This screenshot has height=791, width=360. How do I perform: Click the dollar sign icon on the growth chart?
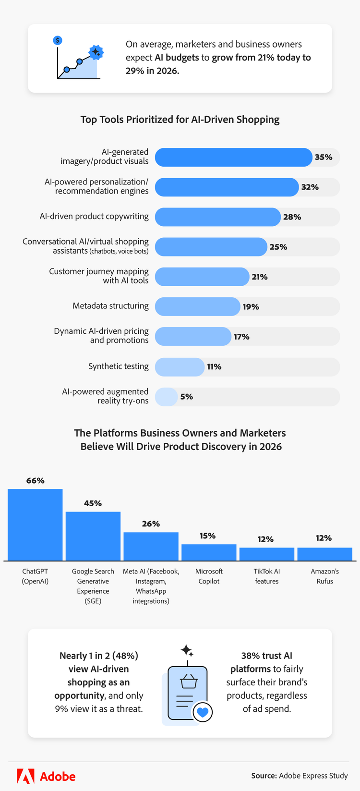[x=58, y=40]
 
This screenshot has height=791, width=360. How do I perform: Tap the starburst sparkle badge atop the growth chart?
[x=96, y=52]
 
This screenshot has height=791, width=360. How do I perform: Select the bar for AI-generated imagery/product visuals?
[x=233, y=157]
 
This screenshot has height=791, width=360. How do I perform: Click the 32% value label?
[x=310, y=187]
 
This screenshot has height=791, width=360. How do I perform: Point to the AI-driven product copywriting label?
[x=94, y=216]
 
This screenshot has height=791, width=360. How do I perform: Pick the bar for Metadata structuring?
[x=197, y=306]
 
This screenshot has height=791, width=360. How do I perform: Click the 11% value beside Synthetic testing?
[x=214, y=367]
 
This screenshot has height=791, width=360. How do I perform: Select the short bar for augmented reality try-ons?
[x=166, y=397]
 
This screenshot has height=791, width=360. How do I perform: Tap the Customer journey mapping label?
[x=99, y=276]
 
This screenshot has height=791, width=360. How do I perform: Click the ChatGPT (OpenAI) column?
[x=35, y=524]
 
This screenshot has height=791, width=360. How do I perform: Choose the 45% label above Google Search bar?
[x=93, y=503]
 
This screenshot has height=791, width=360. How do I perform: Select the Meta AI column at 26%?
[x=151, y=546]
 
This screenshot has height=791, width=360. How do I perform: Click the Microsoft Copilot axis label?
[x=209, y=576]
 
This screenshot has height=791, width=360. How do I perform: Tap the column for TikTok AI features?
[x=266, y=554]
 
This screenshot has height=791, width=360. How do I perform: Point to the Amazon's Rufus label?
[x=324, y=576]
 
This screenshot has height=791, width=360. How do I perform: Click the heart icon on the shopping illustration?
[x=203, y=712]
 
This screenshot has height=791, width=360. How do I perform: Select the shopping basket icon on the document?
[x=189, y=681]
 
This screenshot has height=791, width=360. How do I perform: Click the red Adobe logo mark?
[x=26, y=776]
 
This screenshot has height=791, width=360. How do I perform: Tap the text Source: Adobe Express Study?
[x=300, y=776]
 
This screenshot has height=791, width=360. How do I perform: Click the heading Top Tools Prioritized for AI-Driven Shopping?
[x=180, y=120]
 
